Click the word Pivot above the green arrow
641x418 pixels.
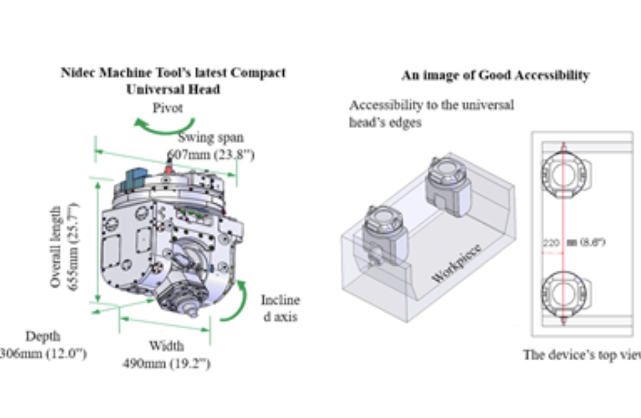(168, 108)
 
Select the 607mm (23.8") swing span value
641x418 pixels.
(211, 155)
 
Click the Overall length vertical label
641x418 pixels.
(56, 247)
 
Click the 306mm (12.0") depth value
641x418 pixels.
(43, 354)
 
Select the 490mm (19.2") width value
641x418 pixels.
(166, 364)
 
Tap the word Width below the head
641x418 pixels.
(166, 345)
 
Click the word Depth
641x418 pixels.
(43, 336)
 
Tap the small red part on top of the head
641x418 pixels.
(168, 169)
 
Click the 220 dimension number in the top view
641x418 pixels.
(550, 243)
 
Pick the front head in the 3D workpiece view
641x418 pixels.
(385, 234)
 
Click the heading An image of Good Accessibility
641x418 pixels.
(495, 75)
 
